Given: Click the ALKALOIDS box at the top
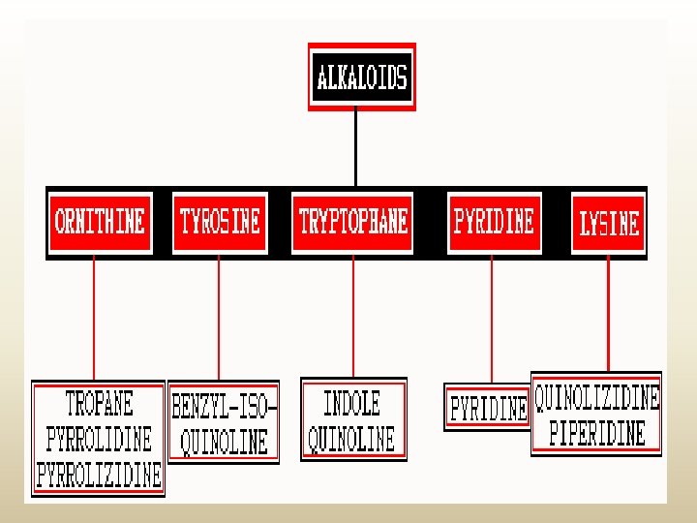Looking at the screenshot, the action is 362,77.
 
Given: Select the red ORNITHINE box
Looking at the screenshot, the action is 101,223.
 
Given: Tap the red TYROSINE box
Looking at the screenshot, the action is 220,223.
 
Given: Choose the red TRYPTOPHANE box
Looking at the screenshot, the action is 353,223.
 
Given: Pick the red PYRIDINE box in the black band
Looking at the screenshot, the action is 493,223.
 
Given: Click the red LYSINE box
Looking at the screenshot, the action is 609,225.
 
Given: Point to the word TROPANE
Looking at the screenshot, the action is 99,403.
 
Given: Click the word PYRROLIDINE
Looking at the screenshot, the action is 99,439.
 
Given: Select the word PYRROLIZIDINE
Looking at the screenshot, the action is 99,475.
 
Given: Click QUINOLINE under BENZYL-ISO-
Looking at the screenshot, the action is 225,443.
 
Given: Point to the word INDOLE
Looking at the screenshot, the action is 351,403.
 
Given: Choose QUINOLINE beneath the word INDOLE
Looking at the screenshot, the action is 351,440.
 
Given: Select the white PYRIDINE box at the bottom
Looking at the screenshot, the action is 488,408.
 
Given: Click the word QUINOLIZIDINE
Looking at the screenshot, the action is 597,397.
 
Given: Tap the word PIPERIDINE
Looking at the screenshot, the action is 597,432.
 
